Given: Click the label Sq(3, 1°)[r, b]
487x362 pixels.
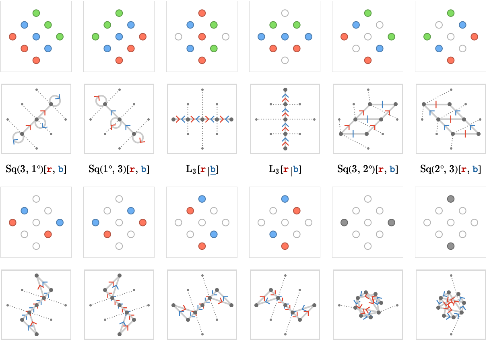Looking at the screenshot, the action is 36,169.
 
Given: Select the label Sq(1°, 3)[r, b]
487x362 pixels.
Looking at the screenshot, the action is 119,169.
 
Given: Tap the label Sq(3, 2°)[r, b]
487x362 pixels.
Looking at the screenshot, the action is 367,169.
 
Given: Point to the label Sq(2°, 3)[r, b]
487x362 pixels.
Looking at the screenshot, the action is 450,169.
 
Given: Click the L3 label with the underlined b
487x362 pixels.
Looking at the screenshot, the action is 202,170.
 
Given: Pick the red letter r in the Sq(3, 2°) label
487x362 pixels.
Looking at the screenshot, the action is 380,169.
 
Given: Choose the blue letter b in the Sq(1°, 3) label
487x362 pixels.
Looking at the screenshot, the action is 144,169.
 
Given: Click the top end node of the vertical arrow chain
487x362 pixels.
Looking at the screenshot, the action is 285,90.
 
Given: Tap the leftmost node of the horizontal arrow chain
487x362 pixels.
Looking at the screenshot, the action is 173,119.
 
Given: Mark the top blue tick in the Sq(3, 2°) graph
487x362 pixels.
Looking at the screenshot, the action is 382,104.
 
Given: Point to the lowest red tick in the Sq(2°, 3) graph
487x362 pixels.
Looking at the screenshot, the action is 465,134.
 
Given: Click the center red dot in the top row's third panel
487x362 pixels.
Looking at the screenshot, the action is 202,37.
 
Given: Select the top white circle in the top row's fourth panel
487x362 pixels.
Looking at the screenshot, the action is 285,13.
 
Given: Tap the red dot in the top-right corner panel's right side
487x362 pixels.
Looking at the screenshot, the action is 474,37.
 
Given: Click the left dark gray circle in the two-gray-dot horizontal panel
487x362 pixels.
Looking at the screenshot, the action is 344,222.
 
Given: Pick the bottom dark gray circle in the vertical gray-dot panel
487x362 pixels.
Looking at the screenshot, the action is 450,246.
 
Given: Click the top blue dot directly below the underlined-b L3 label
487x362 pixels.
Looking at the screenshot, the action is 202,199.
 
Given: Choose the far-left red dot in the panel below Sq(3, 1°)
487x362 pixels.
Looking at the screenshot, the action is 12,222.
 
